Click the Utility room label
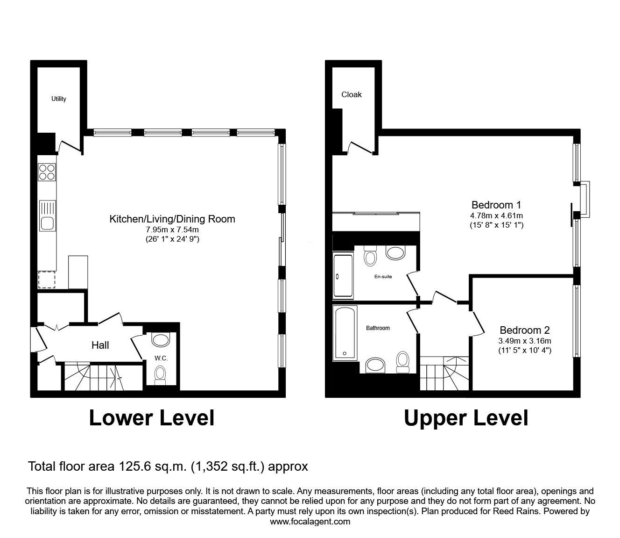coord(58,99)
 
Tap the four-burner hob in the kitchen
coord(47,172)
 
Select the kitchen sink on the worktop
coord(48,215)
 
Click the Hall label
coord(100,345)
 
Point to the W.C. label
coord(161,358)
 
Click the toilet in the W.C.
coord(160,375)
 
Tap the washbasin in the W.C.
coord(161,340)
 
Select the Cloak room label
coord(352,94)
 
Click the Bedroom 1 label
coord(496,205)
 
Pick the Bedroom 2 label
coord(525,330)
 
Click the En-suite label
coord(383,277)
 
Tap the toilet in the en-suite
coord(370,256)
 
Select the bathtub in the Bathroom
coord(345,333)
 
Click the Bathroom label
coord(378,328)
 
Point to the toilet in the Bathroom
coord(403,362)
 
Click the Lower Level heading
coord(152,418)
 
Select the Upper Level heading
coord(466,419)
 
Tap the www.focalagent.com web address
coord(310,521)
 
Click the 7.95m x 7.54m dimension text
coord(172,230)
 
